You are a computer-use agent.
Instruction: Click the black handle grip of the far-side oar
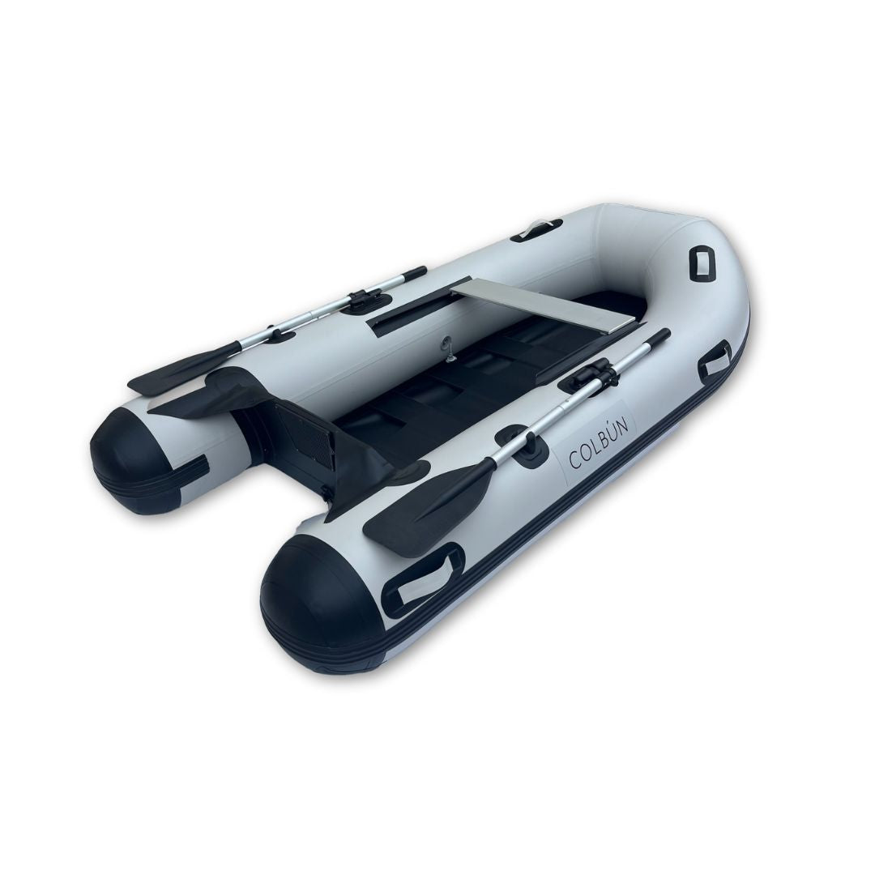pos(413,274)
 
